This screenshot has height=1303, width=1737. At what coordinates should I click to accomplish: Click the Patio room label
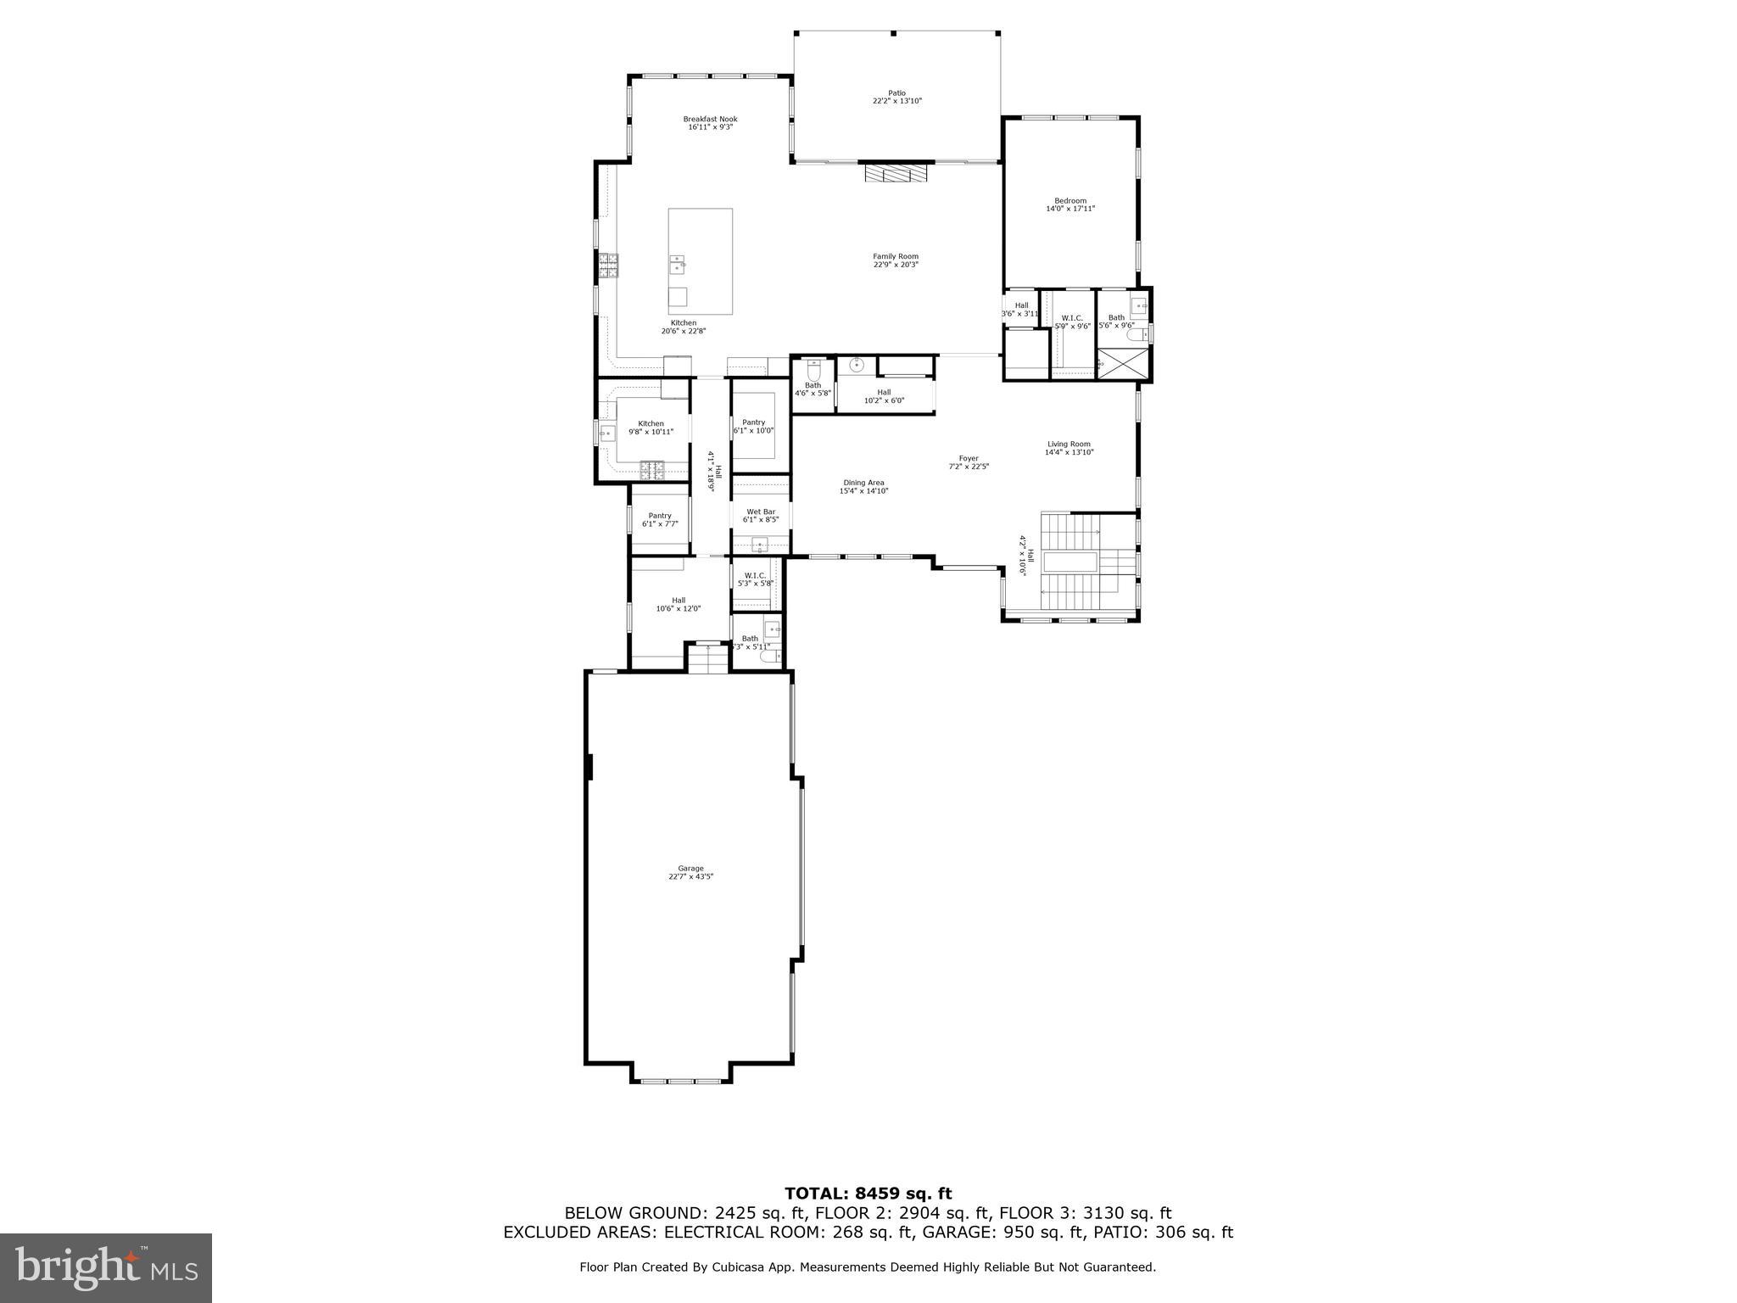pos(896,97)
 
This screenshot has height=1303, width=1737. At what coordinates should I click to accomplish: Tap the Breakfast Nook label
pos(710,123)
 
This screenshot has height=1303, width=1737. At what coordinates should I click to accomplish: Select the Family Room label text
pos(896,260)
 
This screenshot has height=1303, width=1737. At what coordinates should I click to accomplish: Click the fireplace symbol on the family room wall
pos(896,173)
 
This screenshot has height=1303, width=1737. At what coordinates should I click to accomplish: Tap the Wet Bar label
pos(760,516)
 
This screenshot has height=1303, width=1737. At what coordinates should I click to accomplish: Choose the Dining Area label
pos(863,487)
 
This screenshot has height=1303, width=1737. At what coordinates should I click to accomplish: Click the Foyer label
pos(968,462)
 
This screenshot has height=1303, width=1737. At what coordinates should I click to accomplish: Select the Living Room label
pos(1069,448)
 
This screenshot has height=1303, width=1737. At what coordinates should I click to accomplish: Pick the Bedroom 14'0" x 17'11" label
pos(1070,204)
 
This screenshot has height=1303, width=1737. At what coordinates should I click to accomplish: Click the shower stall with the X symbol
pos(1124,364)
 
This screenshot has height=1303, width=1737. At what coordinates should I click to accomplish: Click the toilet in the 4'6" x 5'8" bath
pos(814,371)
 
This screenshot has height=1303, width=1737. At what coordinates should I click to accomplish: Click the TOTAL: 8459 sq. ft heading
pos(868,1194)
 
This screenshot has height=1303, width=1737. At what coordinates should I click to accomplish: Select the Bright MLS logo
pos(106,1267)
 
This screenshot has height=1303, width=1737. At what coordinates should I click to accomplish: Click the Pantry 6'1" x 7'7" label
pos(659,520)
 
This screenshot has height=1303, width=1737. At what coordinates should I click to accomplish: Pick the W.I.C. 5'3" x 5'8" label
pos(755,579)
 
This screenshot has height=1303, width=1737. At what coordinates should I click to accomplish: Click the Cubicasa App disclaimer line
pos(868,1267)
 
